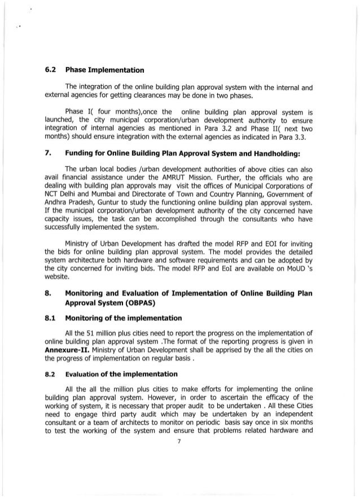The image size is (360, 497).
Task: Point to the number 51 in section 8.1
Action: pos(93,335)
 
